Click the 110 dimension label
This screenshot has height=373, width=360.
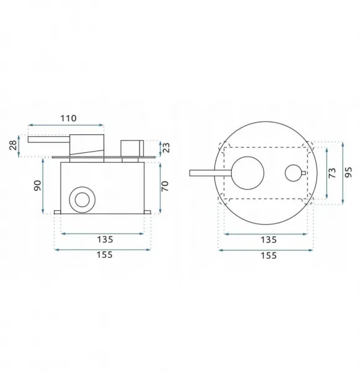point(68,118)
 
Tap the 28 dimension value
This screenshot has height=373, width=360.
point(13,145)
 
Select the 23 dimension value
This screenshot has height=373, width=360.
point(167,147)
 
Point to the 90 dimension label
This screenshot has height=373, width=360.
point(37,185)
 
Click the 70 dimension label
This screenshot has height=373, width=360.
point(165,186)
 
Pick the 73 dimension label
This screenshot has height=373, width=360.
point(332,173)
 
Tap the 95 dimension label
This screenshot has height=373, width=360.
point(348,172)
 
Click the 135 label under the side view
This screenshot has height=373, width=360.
point(105,239)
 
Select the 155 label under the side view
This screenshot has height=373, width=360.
point(104,255)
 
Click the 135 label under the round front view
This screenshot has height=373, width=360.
point(269,240)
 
